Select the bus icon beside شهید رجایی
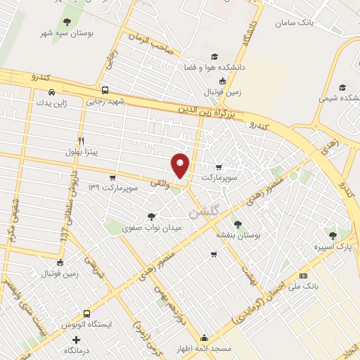[105, 90]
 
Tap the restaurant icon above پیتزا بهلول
[82, 141]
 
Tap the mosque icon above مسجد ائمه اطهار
[204, 337]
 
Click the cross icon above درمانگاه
[86, 339]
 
